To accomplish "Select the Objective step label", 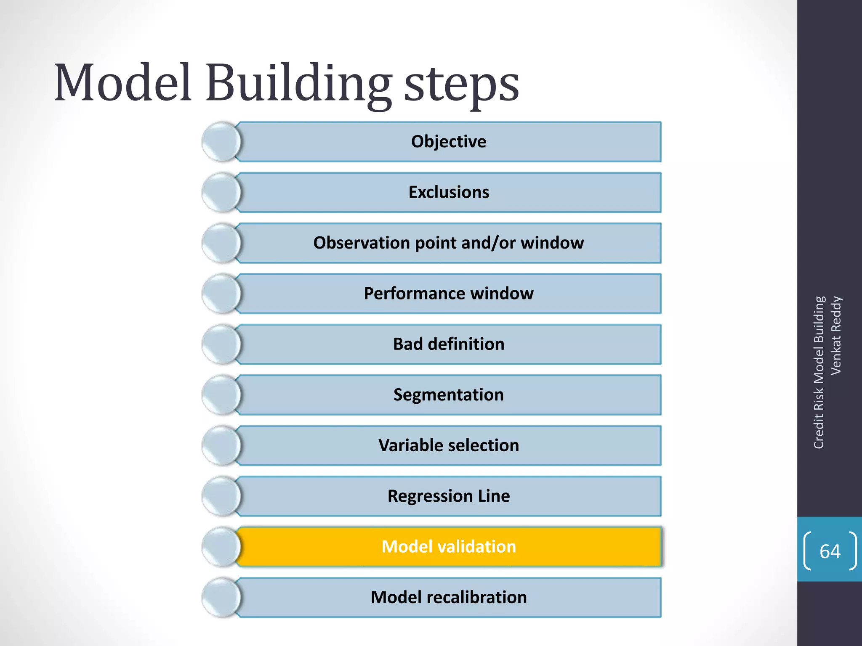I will coord(448,142).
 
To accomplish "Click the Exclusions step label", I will coord(449,192).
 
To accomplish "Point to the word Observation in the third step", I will coord(361,243).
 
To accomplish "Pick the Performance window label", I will coord(448,294).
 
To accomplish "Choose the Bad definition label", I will coord(448,344).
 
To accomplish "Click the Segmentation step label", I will coord(448,395).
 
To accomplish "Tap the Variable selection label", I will coord(448,445).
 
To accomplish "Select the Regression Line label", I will coord(448,496).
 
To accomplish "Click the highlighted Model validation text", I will coord(448,547).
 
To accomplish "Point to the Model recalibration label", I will coord(448,598).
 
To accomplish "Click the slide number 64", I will coord(830,551).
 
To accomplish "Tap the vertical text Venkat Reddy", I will coord(836,335).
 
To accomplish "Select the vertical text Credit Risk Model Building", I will coord(818,373).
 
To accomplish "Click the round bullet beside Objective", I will coord(221,142).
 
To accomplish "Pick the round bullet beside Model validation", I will coord(221,547).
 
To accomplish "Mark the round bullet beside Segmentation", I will coord(221,395).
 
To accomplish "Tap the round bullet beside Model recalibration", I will coord(221,598).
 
